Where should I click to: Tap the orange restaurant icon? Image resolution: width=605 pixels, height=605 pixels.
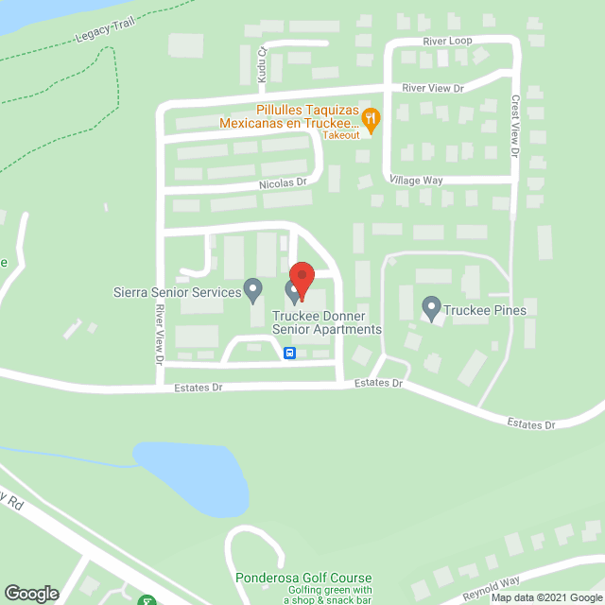coord(372,119)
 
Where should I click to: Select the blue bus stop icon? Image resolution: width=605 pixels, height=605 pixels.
coord(289,354)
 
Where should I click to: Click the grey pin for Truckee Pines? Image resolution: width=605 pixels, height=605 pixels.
coord(431,306)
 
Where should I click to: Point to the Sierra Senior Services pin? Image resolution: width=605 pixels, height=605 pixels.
coord(252,288)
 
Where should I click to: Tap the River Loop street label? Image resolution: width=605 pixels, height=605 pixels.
coord(448,42)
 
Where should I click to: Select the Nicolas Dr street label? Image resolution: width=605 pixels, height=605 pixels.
coord(284,182)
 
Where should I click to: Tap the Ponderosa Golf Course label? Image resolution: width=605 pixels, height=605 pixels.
coord(303,579)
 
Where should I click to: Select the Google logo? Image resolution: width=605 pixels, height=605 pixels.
coord(30,593)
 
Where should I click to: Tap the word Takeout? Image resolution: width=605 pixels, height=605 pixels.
coord(340,135)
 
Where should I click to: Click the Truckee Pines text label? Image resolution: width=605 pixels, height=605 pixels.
coord(488,309)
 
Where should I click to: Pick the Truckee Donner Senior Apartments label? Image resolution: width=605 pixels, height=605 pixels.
coord(327,322)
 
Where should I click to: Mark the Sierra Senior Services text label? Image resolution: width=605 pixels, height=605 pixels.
coord(177,292)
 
